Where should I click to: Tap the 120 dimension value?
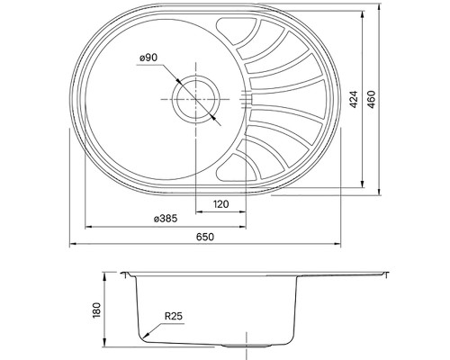[220, 204]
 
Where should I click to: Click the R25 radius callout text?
[174, 317]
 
